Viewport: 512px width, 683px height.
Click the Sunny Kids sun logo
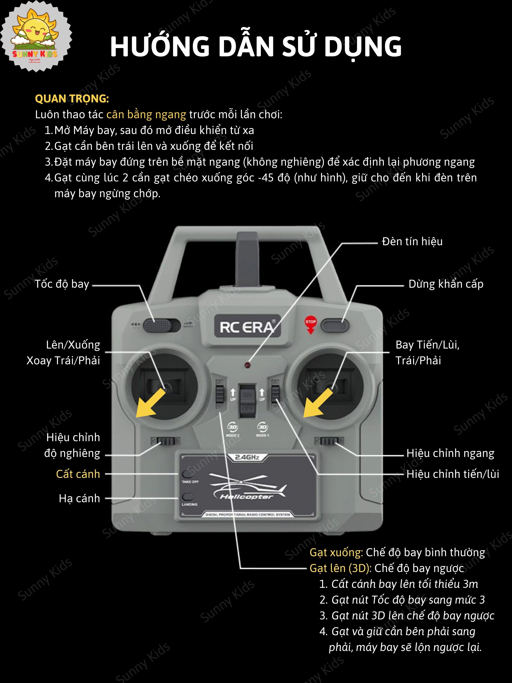tap(35, 36)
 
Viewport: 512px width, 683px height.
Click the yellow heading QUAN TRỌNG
tap(72, 99)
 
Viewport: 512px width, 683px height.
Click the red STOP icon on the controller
tap(310, 324)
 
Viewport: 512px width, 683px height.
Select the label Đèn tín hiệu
tap(412, 241)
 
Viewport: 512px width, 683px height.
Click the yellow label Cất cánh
tap(78, 474)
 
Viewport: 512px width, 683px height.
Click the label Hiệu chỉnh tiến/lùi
tap(452, 474)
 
